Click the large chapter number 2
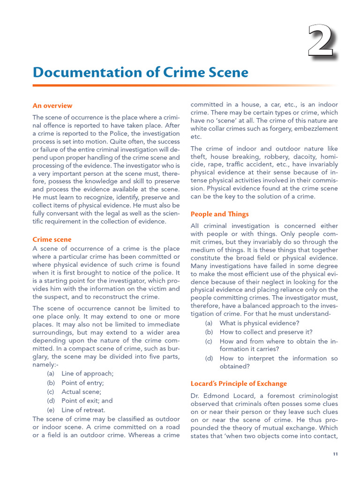pos(321,42)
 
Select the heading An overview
pos(52,105)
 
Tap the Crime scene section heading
pos(52,240)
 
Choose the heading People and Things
pos(219,214)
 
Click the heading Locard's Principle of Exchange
pos(238,383)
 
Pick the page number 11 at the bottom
pos(335,454)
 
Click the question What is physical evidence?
pos(259,323)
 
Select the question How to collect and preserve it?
pos(266,332)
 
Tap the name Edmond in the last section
pos(217,395)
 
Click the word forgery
pos(266,128)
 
